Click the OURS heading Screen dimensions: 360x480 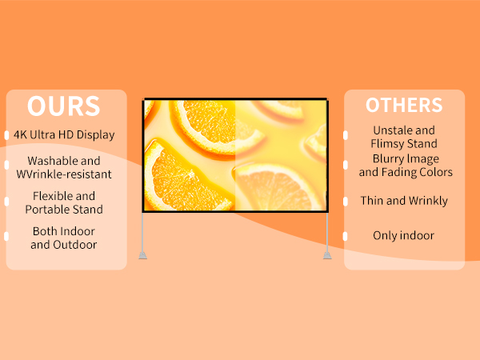pyautogui.click(x=64, y=106)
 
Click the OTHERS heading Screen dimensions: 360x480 pyautogui.click(x=404, y=106)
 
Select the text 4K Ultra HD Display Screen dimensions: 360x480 pyautogui.click(x=64, y=134)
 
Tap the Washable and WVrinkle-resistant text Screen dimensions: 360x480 pyautogui.click(x=64, y=167)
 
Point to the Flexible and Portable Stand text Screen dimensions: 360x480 pyautogui.click(x=64, y=202)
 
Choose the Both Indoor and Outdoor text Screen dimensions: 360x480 pyautogui.click(x=64, y=238)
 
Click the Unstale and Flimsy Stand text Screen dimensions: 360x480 pyautogui.click(x=404, y=137)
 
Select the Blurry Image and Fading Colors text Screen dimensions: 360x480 pyautogui.click(x=406, y=166)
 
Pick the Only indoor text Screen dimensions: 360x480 pyautogui.click(x=404, y=235)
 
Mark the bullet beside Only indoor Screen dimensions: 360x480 pyautogui.click(x=345, y=236)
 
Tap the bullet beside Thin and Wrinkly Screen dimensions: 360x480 pyautogui.click(x=345, y=202)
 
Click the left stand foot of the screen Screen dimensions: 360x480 pyautogui.click(x=142, y=255)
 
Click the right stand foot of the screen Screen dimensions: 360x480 pyautogui.click(x=326, y=255)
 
